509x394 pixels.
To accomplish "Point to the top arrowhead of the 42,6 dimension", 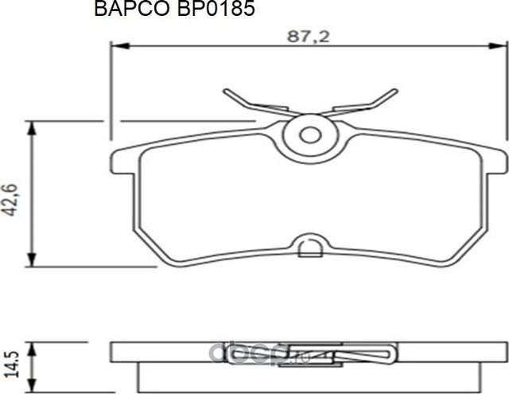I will (x=31, y=127).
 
